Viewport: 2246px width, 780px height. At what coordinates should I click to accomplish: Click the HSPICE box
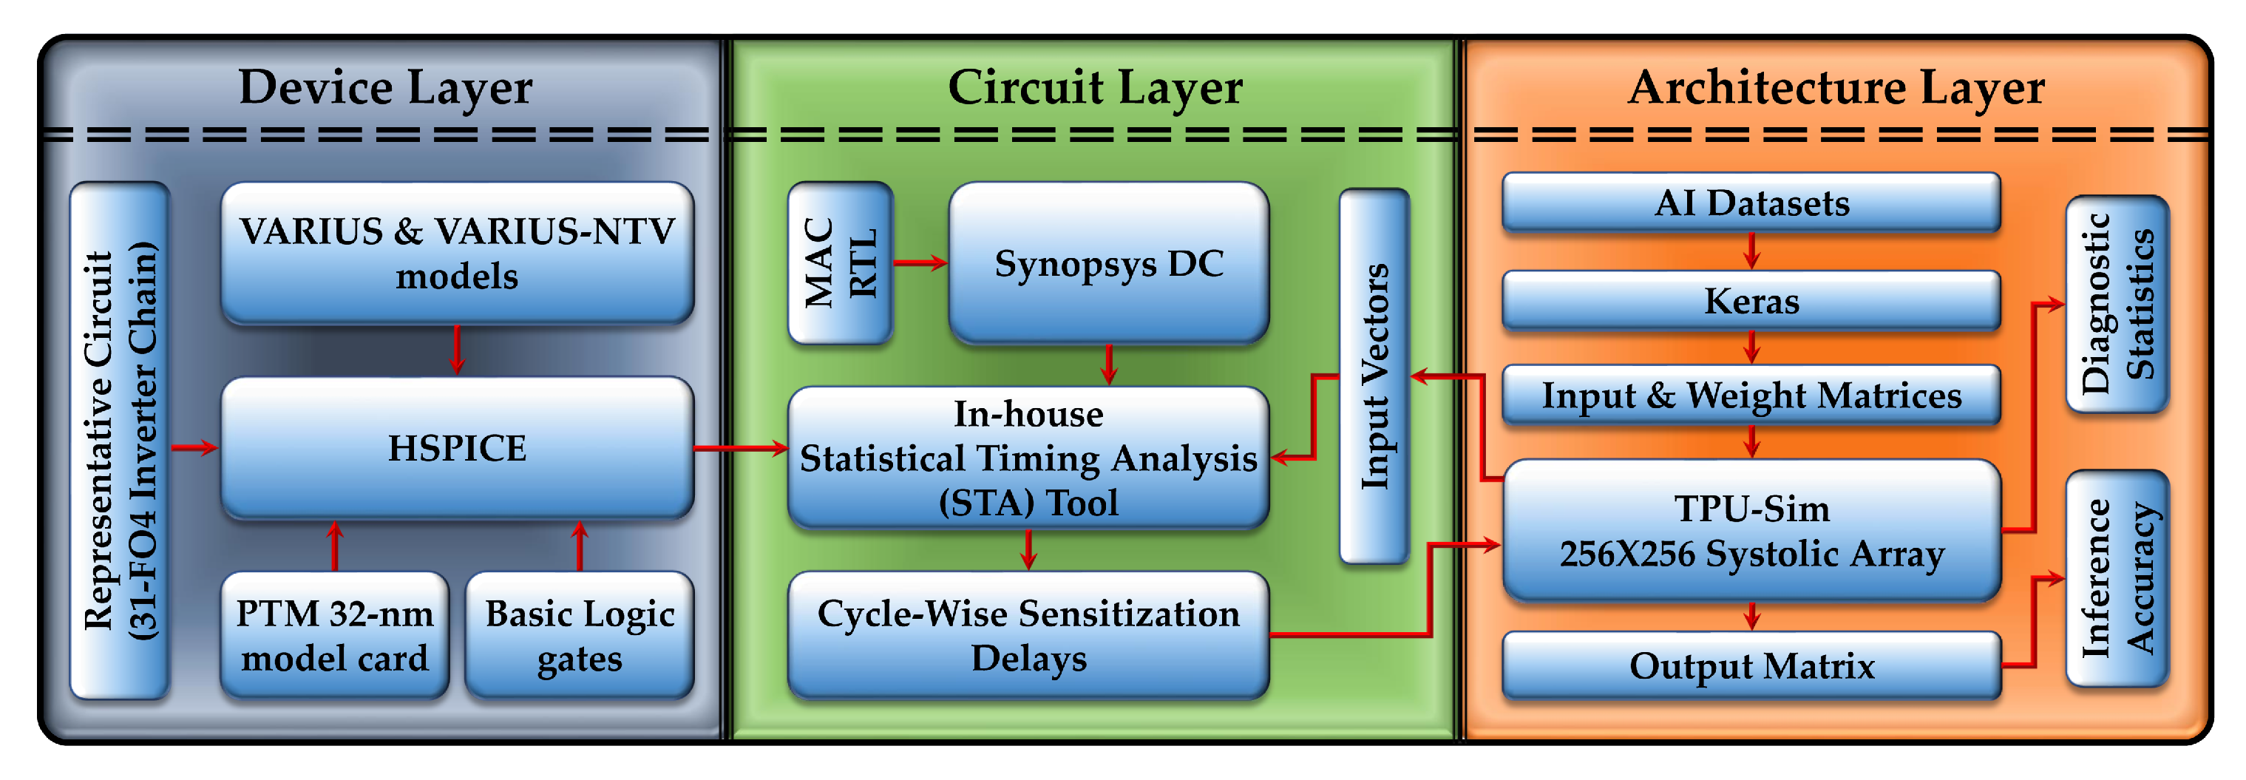(457, 448)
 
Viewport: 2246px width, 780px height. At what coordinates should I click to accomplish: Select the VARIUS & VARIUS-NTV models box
(457, 253)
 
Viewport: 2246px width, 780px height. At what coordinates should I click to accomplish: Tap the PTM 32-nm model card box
(335, 635)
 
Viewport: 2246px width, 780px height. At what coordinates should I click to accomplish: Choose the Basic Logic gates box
(580, 635)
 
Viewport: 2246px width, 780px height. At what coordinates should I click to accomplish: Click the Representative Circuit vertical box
(121, 440)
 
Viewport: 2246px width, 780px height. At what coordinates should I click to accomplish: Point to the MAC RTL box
(841, 262)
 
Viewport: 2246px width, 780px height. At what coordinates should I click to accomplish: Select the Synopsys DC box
(1109, 262)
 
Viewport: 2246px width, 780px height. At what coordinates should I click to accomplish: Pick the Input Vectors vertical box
(1375, 376)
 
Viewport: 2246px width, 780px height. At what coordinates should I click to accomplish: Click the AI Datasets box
(1751, 202)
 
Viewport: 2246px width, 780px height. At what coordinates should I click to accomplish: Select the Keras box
(1751, 301)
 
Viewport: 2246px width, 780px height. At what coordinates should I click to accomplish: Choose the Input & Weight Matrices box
(1751, 395)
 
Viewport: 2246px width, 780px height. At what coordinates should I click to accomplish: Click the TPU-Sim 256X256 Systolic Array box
(1751, 531)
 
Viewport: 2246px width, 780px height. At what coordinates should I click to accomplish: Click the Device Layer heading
(385, 88)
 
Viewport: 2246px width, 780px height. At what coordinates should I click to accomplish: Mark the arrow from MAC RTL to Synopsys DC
(920, 262)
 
